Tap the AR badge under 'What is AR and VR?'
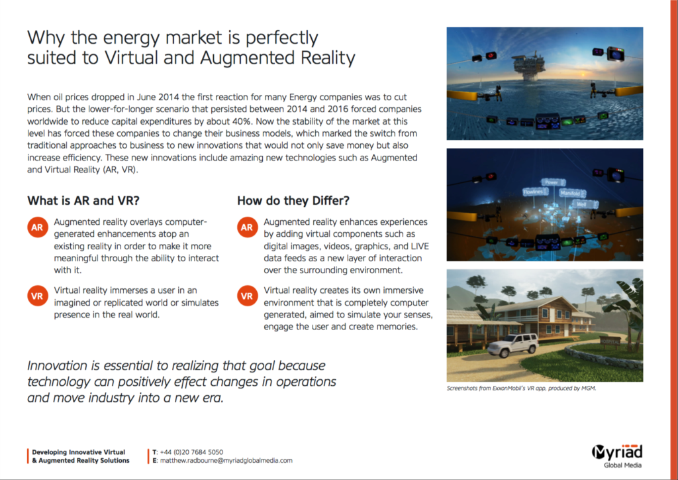click(37, 228)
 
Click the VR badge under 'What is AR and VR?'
click(37, 296)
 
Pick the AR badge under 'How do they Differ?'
click(246, 228)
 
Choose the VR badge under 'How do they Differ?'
click(246, 296)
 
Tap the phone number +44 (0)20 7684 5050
click(191, 451)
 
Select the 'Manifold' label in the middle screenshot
click(569, 194)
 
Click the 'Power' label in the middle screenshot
click(550, 182)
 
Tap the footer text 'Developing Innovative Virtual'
click(79, 451)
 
